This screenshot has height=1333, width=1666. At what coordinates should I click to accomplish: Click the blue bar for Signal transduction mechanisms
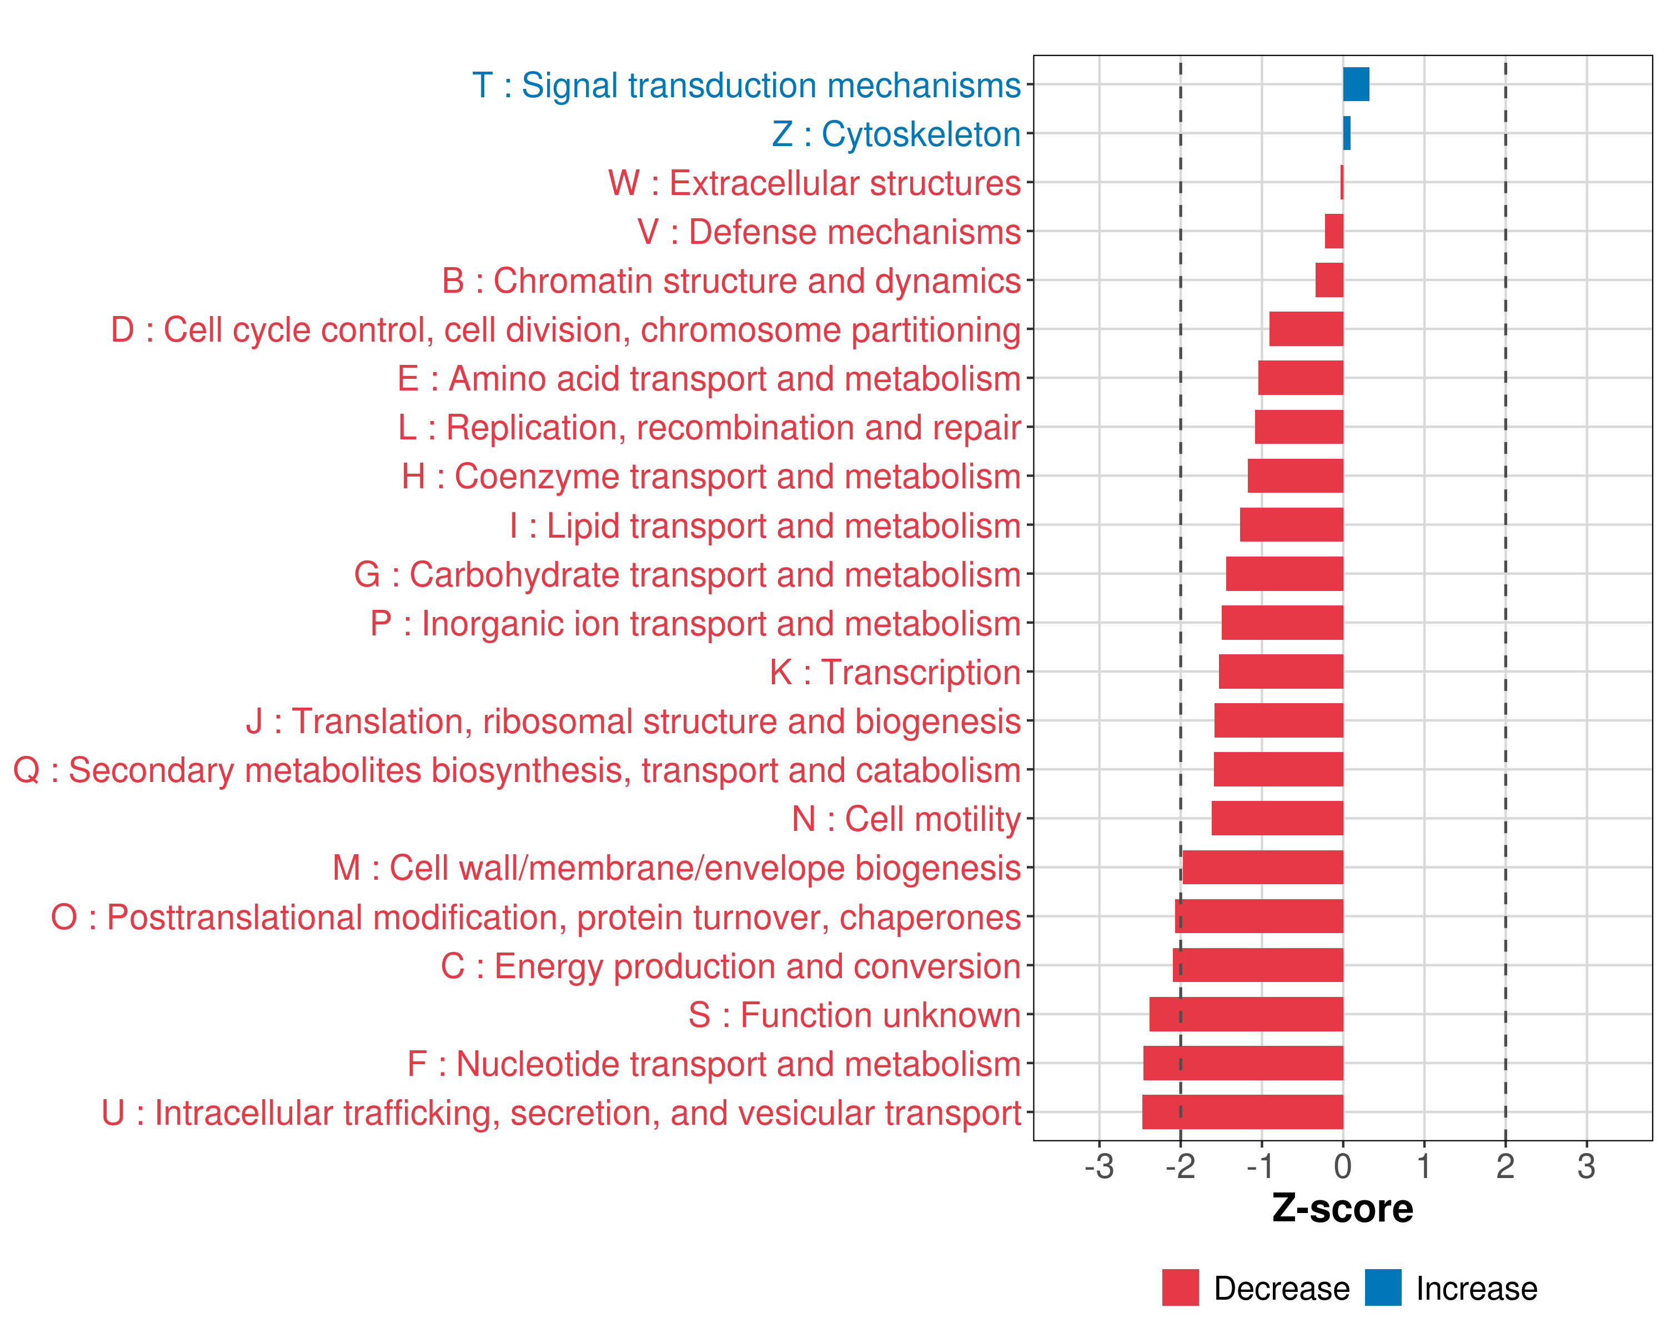[x=1356, y=84]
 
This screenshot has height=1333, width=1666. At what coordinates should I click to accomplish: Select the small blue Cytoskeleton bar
[x=1346, y=133]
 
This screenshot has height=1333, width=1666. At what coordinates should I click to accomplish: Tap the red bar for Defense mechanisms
[x=1334, y=231]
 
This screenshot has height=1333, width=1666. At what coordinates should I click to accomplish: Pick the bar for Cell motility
[x=1277, y=818]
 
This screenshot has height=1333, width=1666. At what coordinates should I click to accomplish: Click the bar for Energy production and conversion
[x=1257, y=965]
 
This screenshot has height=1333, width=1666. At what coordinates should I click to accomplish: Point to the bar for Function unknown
[x=1246, y=1014]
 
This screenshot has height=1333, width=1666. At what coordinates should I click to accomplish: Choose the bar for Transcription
[x=1281, y=671]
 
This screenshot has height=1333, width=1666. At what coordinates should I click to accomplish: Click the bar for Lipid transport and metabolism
[x=1291, y=525]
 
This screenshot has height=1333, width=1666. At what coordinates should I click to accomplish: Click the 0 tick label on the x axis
[x=1342, y=1166]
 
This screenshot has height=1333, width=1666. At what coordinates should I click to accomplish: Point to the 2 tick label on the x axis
[x=1504, y=1166]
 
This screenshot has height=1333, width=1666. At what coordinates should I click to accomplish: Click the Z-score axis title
[x=1342, y=1209]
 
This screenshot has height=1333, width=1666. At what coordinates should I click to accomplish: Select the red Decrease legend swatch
[x=1180, y=1287]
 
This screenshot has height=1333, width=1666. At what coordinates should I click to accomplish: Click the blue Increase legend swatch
[x=1382, y=1287]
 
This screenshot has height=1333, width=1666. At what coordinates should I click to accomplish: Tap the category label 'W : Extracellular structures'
[x=814, y=183]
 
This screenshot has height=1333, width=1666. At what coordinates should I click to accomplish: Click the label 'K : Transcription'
[x=895, y=672]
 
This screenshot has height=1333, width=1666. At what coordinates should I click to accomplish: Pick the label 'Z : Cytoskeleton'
[x=896, y=134]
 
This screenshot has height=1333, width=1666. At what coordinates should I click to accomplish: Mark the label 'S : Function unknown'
[x=854, y=1015]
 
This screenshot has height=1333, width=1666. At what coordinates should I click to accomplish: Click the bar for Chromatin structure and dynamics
[x=1329, y=280]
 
